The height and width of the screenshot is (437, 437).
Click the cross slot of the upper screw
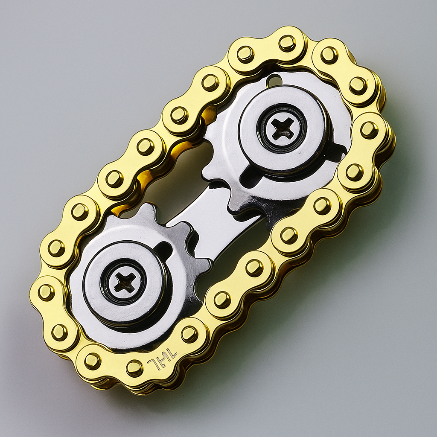tap(282, 128)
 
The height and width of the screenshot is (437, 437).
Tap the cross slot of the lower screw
tap(124, 282)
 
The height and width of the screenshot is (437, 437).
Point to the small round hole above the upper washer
tap(274, 80)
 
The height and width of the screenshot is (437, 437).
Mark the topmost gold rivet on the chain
tap(287, 43)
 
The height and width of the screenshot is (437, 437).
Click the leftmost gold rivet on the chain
tap(46, 292)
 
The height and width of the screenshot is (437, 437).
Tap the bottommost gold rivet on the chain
tap(134, 368)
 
